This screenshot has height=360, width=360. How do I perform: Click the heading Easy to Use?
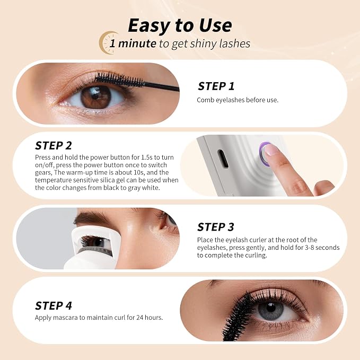click(180, 25)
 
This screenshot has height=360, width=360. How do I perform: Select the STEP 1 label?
click(216, 86)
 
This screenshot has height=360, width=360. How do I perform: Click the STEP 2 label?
click(53, 146)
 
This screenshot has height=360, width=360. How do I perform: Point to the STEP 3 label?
click(216, 227)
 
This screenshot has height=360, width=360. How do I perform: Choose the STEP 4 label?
click(53, 306)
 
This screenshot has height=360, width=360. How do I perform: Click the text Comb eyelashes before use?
click(238, 100)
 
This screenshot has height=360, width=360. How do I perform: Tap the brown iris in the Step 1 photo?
click(96, 96)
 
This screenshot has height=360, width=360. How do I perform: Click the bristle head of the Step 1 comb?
click(119, 80)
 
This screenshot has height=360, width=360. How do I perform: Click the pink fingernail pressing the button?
click(271, 150)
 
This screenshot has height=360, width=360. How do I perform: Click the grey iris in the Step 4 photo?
click(271, 311)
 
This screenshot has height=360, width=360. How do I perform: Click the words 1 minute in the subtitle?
click(133, 43)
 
